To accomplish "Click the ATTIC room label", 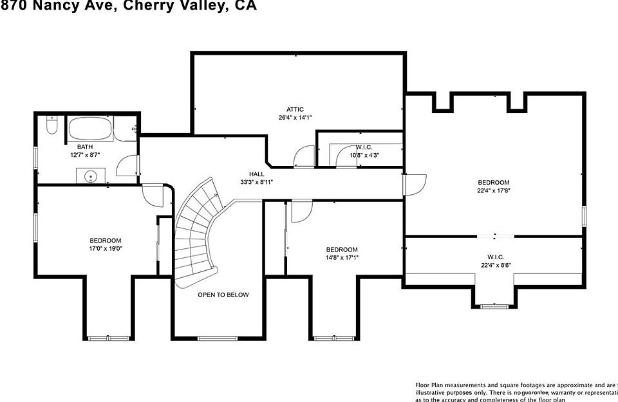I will pyautogui.click(x=295, y=109).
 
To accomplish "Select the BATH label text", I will pyautogui.click(x=85, y=147).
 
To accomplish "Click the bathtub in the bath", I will pyautogui.click(x=90, y=129).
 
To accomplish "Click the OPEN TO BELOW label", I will pyautogui.click(x=223, y=295).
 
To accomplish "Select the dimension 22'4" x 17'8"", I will pyautogui.click(x=493, y=190).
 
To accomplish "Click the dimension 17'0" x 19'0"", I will pyautogui.click(x=106, y=248).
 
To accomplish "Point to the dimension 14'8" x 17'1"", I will pyautogui.click(x=341, y=258).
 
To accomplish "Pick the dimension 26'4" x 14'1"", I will pyautogui.click(x=295, y=118).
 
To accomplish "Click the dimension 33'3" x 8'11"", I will pyautogui.click(x=257, y=182).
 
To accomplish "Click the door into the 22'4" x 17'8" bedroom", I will pyautogui.click(x=414, y=184).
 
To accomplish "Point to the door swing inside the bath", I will pyautogui.click(x=127, y=167).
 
